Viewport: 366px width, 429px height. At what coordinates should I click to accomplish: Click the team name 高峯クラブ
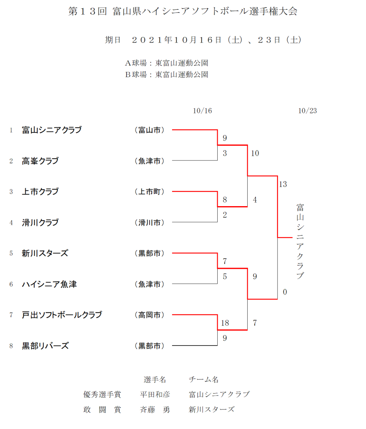tap(40, 161)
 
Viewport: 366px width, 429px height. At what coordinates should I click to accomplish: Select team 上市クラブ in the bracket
tap(40, 192)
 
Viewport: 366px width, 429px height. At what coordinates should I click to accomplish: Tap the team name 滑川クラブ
tap(40, 222)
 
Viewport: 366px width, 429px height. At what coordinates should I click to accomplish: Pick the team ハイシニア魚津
tap(49, 284)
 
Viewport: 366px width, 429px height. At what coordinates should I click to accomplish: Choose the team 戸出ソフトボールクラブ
tap(62, 315)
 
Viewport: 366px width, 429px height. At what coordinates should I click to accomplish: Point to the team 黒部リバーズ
tap(45, 346)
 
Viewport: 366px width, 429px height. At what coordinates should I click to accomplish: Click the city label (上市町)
tap(149, 192)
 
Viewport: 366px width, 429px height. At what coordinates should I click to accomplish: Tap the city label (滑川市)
tap(149, 222)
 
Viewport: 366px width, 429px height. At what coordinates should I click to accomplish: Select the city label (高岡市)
tap(149, 315)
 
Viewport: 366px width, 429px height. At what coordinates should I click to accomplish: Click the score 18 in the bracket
tap(225, 323)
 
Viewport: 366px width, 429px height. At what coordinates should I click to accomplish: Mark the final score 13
tap(283, 184)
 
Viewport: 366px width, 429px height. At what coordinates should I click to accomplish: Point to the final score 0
tap(285, 292)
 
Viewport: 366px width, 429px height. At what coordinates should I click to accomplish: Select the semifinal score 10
tap(255, 153)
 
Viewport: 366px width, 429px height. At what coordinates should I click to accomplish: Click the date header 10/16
tap(202, 111)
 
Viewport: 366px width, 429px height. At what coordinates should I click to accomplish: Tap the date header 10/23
tap(308, 111)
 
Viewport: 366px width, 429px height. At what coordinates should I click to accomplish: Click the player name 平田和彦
tap(155, 394)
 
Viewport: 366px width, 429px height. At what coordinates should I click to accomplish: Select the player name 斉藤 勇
tap(155, 410)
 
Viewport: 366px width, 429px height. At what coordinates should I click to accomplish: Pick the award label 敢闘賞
tap(102, 410)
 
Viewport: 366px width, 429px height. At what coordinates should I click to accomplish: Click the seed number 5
tap(11, 253)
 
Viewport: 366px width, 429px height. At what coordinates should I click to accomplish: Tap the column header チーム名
tap(204, 380)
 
